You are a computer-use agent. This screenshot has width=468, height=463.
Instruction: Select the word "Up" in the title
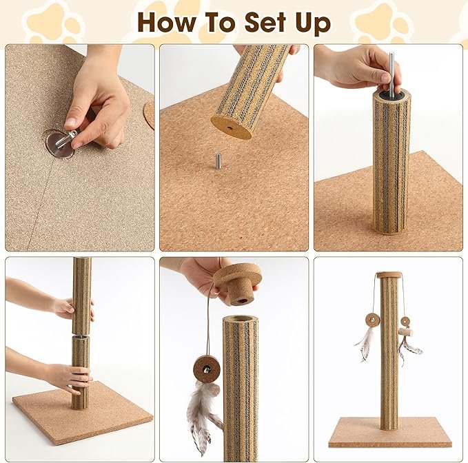(x=313, y=24)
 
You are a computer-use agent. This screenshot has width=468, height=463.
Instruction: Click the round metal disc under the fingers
(x=60, y=145)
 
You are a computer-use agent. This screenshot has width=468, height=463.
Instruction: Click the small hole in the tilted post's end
(x=230, y=128)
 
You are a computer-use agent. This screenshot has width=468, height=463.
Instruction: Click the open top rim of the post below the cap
(x=241, y=320)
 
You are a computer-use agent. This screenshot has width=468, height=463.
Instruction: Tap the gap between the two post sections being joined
(x=81, y=335)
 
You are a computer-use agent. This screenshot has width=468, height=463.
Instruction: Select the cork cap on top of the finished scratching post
(x=388, y=274)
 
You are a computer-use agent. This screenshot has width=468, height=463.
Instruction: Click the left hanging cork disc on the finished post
(x=372, y=321)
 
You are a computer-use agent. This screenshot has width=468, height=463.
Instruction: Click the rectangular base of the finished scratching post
(x=390, y=432)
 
